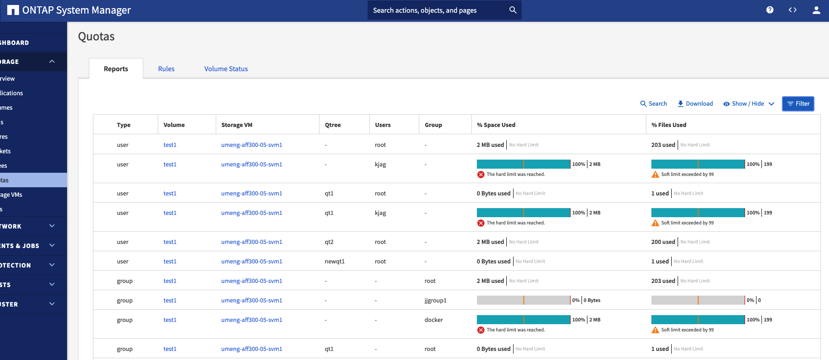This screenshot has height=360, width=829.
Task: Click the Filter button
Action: (x=798, y=104)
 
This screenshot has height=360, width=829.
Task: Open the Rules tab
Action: (x=166, y=69)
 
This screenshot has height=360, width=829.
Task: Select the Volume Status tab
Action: (x=226, y=69)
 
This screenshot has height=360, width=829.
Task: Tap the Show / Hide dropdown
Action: (x=748, y=104)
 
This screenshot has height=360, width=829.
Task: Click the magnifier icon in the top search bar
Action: (x=513, y=10)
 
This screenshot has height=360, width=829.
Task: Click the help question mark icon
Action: (x=770, y=10)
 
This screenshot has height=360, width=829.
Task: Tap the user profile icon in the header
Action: (x=816, y=10)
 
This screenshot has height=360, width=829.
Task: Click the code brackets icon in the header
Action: (x=792, y=10)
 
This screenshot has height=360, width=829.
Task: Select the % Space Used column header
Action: (x=496, y=125)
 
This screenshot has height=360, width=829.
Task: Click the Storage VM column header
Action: (x=237, y=125)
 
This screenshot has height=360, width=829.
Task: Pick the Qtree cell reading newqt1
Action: (x=335, y=262)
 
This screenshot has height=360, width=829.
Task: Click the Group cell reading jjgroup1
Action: (x=435, y=301)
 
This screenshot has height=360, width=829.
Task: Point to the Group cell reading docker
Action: (x=433, y=320)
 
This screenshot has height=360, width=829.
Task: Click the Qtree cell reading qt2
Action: (x=329, y=242)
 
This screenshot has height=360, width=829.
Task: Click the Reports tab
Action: (x=116, y=69)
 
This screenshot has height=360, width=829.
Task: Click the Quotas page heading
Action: (x=96, y=37)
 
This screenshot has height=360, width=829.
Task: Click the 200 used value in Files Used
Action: (x=663, y=242)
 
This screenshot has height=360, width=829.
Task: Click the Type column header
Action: (x=123, y=125)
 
